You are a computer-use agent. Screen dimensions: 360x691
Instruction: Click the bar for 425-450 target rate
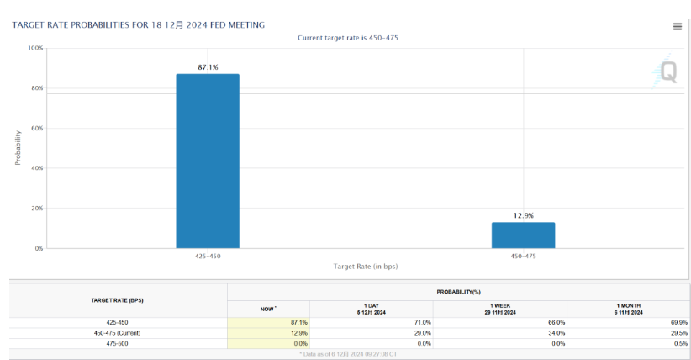point(207,161)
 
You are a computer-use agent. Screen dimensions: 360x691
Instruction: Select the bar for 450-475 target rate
point(523,236)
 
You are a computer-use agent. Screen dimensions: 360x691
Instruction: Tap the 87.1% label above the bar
point(208,67)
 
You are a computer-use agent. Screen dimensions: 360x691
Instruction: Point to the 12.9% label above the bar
point(523,215)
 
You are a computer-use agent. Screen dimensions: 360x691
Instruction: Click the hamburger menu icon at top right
point(677,26)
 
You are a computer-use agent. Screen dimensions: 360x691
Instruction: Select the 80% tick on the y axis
point(37,88)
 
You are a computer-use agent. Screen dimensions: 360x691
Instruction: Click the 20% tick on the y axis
point(37,209)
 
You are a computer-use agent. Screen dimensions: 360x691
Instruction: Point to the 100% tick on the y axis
point(35,49)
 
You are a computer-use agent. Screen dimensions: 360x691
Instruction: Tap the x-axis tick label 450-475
point(523,256)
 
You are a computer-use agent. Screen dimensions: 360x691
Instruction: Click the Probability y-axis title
point(18,147)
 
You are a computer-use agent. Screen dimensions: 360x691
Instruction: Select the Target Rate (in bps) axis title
point(365,266)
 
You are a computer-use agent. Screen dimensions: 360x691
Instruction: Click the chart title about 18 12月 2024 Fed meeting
point(139,25)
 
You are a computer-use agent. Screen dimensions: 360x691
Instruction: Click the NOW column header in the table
point(268,310)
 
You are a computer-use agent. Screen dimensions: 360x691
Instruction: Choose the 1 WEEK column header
point(502,309)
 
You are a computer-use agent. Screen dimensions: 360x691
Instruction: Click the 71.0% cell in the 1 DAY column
point(422,322)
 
